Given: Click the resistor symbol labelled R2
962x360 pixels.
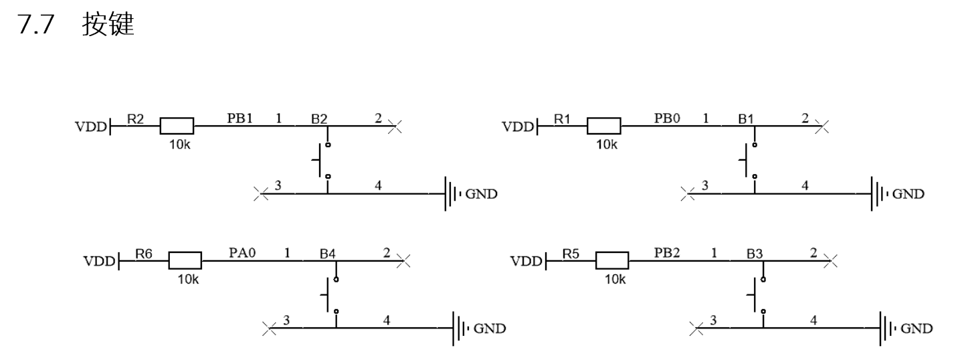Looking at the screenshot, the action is pyautogui.click(x=177, y=126).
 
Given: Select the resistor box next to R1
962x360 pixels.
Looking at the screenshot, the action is pyautogui.click(x=604, y=126).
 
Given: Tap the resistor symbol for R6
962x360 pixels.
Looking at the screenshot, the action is pyautogui.click(x=185, y=260).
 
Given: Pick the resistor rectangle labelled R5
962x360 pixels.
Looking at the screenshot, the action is pyautogui.click(x=612, y=260).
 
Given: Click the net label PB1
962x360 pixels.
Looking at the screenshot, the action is pyautogui.click(x=239, y=118).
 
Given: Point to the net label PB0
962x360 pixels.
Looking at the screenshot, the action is pyautogui.click(x=667, y=118).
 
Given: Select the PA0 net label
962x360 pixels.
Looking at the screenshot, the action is pyautogui.click(x=242, y=252).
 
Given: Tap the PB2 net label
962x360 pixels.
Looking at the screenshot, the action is pyautogui.click(x=667, y=252).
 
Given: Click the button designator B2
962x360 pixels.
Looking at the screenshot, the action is pyautogui.click(x=319, y=119).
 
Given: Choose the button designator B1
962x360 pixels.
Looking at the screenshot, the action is pyautogui.click(x=746, y=119).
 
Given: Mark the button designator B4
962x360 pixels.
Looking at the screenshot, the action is pyautogui.click(x=328, y=254).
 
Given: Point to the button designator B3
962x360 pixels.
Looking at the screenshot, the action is pyautogui.click(x=755, y=254).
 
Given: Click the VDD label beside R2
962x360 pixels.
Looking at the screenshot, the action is pyautogui.click(x=91, y=126).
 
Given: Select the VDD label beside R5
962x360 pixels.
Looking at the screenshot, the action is pyautogui.click(x=526, y=261).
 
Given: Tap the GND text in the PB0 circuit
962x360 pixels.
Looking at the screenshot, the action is pyautogui.click(x=908, y=194).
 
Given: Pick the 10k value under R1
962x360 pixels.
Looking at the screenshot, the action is pyautogui.click(x=606, y=145).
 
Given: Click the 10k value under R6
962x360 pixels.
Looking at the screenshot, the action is pyautogui.click(x=188, y=280).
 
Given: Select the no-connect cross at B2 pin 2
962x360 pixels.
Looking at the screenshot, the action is pyautogui.click(x=395, y=126).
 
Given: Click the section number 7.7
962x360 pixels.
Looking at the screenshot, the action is pyautogui.click(x=35, y=25).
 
